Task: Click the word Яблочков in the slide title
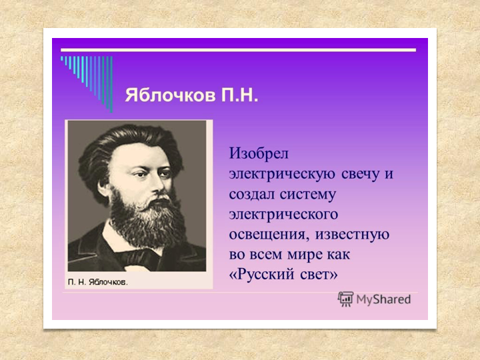point(170,95)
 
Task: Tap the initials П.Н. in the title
point(240,95)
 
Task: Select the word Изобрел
point(259,153)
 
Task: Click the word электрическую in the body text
point(282,174)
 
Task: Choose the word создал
point(251,194)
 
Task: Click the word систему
point(307,195)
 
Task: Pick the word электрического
point(283,214)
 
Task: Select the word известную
point(353,235)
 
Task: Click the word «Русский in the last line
point(262,274)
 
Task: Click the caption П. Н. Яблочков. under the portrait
point(97,282)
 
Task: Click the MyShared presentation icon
point(345,299)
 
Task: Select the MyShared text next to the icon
point(383,299)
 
